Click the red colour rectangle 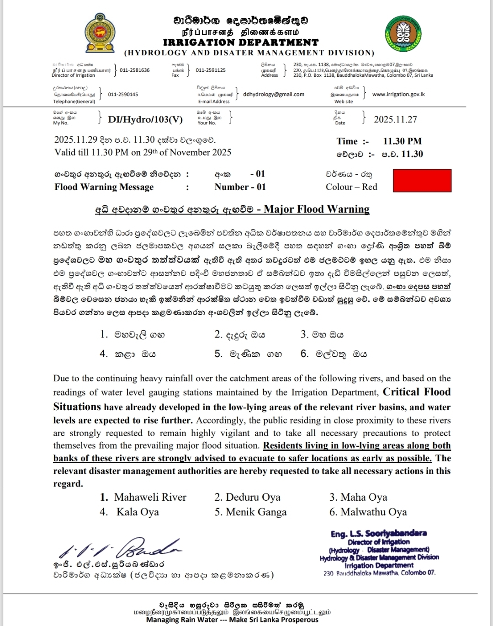[x=422, y=180]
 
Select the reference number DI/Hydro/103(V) [x=145, y=119]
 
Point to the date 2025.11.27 [x=395, y=119]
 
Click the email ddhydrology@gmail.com [x=274, y=94]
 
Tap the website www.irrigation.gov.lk [x=398, y=94]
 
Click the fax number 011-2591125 [x=211, y=70]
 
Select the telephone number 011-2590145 [x=123, y=94]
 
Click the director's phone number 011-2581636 [x=135, y=70]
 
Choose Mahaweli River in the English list [x=150, y=497]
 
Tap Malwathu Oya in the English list [x=373, y=512]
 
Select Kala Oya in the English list [x=138, y=512]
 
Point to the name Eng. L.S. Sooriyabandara [x=379, y=533]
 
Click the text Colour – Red [x=351, y=187]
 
